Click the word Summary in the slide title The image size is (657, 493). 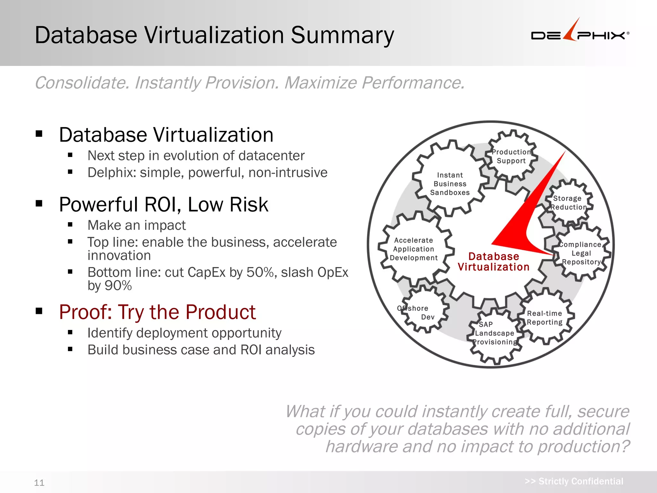point(342,35)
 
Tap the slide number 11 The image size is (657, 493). point(39,482)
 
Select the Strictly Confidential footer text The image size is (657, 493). point(574,481)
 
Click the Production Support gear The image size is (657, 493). point(511,156)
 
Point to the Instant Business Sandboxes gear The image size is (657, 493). point(450,184)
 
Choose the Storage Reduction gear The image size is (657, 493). point(568,203)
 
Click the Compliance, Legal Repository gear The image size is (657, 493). point(581,253)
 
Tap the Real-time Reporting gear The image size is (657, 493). point(544,318)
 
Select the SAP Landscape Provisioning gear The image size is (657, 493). point(495,334)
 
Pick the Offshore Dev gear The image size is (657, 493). point(423,312)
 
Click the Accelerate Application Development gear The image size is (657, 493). point(414,249)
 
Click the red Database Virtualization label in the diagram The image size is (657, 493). point(493,262)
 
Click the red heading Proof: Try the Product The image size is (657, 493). point(157,312)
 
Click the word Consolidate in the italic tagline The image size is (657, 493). point(82,83)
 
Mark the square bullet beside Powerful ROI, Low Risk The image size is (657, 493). point(39,203)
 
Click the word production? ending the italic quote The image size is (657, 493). point(583,446)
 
